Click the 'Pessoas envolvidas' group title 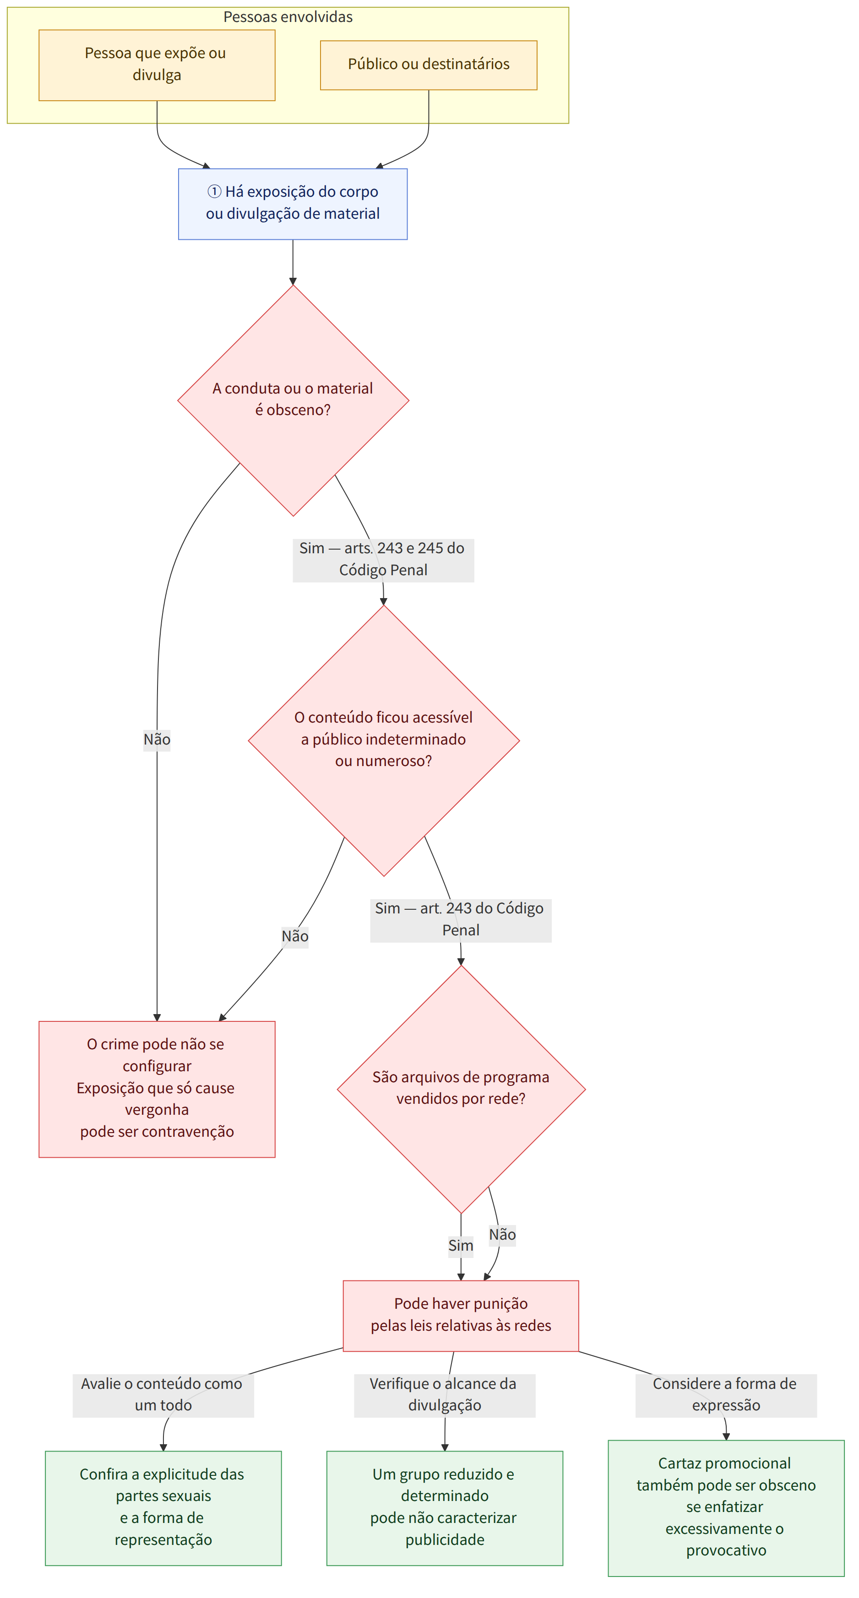click(x=288, y=17)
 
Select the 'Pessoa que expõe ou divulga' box click(x=157, y=65)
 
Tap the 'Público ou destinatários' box click(x=428, y=65)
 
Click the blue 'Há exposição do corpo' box click(x=293, y=204)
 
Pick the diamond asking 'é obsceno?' click(x=293, y=400)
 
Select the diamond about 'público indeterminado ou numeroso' click(x=384, y=740)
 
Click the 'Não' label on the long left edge click(x=157, y=740)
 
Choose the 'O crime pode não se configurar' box click(x=157, y=1089)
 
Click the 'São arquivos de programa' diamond click(x=461, y=1089)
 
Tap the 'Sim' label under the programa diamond click(x=461, y=1246)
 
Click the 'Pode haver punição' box click(x=461, y=1315)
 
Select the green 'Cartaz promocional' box click(x=726, y=1508)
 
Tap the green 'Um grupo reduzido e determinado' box click(x=445, y=1508)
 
